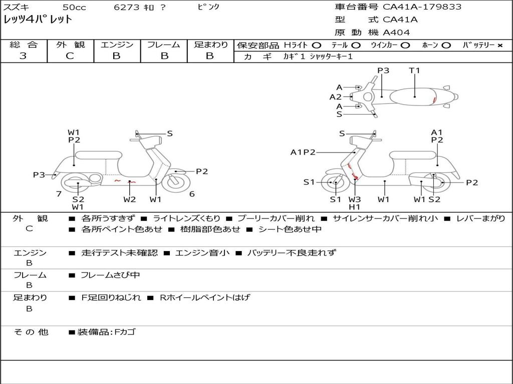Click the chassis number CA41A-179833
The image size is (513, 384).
[x=422, y=7]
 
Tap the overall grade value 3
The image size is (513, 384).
[x=23, y=56]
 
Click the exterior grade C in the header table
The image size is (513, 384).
[x=70, y=56]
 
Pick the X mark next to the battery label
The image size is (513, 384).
[x=500, y=45]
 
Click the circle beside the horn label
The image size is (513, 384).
[x=446, y=45]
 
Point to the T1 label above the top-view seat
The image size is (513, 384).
[x=414, y=70]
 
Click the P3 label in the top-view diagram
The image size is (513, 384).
[x=383, y=70]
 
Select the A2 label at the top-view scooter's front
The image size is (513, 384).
[x=335, y=97]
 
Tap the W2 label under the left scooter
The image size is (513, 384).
[x=130, y=199]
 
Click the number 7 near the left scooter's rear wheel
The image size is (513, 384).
[x=59, y=194]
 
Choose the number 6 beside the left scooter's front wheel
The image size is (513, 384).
[x=192, y=194]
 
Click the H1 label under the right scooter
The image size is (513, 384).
[x=354, y=206]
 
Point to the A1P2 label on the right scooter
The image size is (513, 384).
[x=303, y=152]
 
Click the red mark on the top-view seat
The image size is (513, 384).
[x=434, y=100]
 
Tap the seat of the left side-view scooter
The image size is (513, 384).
[x=99, y=155]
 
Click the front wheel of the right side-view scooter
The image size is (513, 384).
[x=334, y=182]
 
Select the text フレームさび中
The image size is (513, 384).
[x=110, y=275]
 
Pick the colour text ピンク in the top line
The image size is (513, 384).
[x=208, y=7]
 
